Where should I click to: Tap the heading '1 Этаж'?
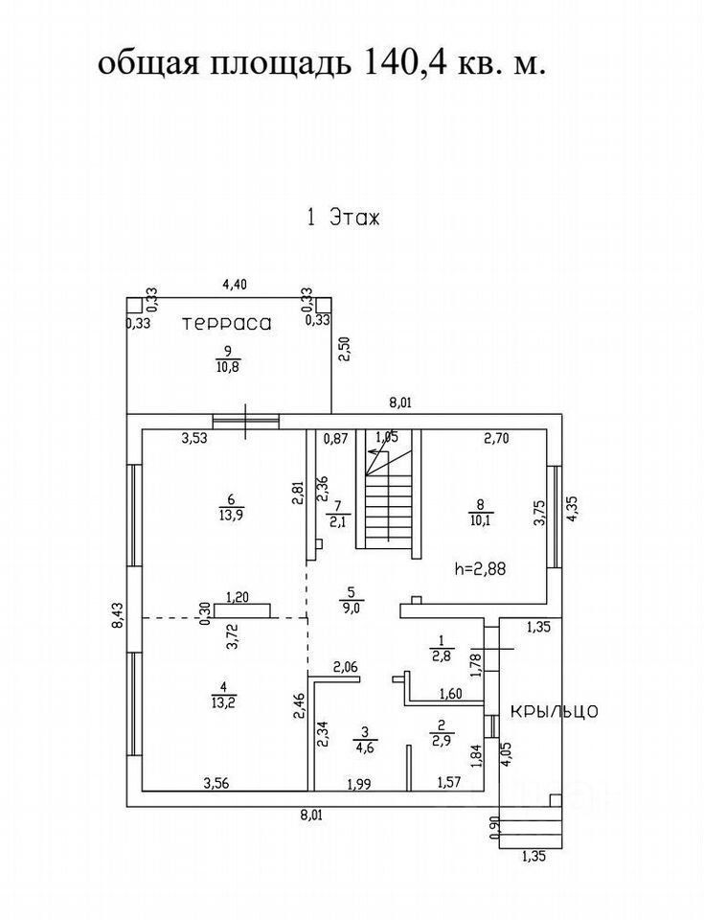click(343, 217)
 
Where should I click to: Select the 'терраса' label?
click(227, 324)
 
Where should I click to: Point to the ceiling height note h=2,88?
click(479, 567)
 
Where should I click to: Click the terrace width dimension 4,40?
click(234, 284)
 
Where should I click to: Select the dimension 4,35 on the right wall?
click(574, 508)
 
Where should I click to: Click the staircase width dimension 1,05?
click(386, 437)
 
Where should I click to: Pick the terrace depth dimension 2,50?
click(344, 349)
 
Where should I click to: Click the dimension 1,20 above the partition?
click(237, 596)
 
